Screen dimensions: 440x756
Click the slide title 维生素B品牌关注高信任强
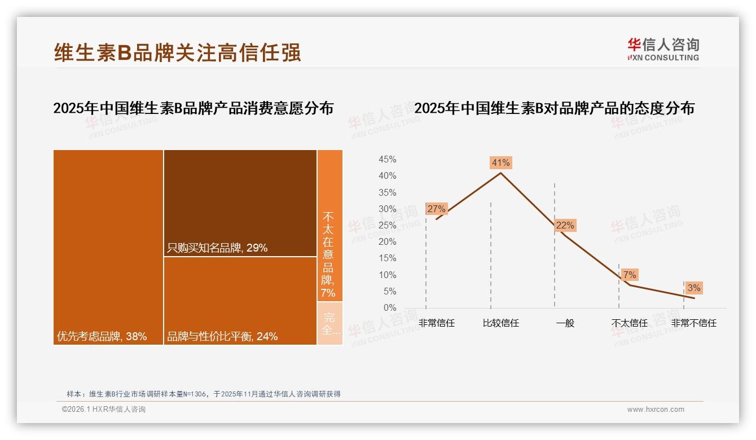(x=177, y=52)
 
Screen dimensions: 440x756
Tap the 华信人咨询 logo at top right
(x=663, y=49)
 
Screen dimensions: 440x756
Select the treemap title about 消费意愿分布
(x=193, y=108)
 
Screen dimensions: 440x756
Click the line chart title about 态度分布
(x=554, y=108)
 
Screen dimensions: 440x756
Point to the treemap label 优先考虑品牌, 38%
(x=102, y=337)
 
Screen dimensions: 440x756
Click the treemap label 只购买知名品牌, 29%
(x=217, y=248)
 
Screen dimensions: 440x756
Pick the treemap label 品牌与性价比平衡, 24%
(x=222, y=337)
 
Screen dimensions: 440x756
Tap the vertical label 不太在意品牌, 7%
(x=328, y=254)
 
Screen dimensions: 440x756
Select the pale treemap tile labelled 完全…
(x=330, y=323)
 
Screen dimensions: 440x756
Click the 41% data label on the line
(x=500, y=162)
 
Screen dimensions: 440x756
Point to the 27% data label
(x=436, y=209)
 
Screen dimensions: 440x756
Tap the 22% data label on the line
(x=565, y=225)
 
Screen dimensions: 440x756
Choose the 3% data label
(x=694, y=288)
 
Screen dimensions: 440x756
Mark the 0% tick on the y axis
(x=389, y=308)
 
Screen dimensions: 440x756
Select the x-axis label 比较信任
(x=500, y=323)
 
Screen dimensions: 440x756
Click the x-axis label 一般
(x=565, y=323)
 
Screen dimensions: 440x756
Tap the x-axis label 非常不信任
(x=693, y=323)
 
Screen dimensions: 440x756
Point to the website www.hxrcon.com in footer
(x=656, y=410)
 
